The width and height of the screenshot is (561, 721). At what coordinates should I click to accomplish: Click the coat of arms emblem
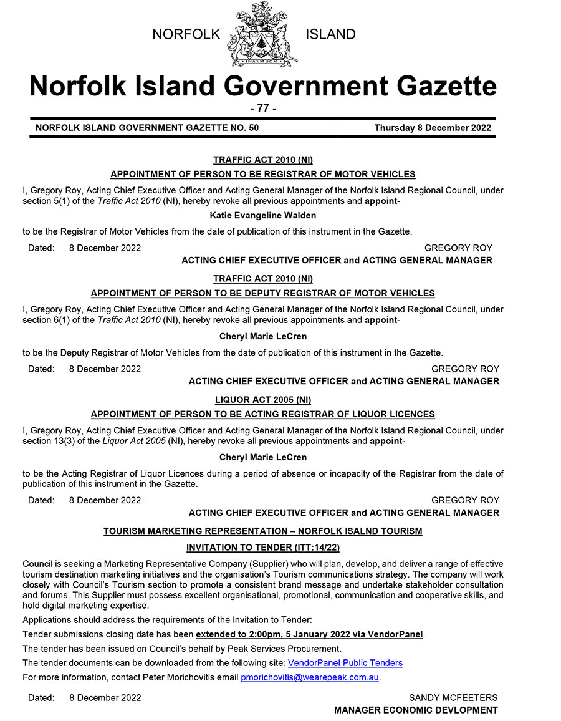(262, 34)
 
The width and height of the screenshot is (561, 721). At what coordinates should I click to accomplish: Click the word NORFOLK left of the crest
(186, 34)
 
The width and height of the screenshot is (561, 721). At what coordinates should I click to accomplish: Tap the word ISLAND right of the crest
(330, 34)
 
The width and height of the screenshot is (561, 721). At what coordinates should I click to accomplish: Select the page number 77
(262, 108)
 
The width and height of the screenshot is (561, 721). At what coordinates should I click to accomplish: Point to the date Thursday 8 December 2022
(433, 128)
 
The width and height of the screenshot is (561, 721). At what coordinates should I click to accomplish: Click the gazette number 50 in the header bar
(252, 128)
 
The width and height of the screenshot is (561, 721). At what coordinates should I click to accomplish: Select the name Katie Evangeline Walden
(262, 215)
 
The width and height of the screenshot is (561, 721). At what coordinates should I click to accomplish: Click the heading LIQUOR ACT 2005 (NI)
(262, 400)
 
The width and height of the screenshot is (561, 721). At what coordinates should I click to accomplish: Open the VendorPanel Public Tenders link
(345, 663)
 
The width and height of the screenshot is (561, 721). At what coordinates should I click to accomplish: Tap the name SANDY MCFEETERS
(453, 697)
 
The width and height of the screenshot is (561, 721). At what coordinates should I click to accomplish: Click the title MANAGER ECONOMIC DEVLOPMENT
(416, 710)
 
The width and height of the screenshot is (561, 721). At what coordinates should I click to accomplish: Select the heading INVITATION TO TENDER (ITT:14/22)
(262, 548)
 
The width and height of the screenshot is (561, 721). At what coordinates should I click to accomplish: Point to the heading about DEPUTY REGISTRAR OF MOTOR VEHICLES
(262, 293)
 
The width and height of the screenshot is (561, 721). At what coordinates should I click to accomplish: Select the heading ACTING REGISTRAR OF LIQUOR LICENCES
(262, 414)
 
